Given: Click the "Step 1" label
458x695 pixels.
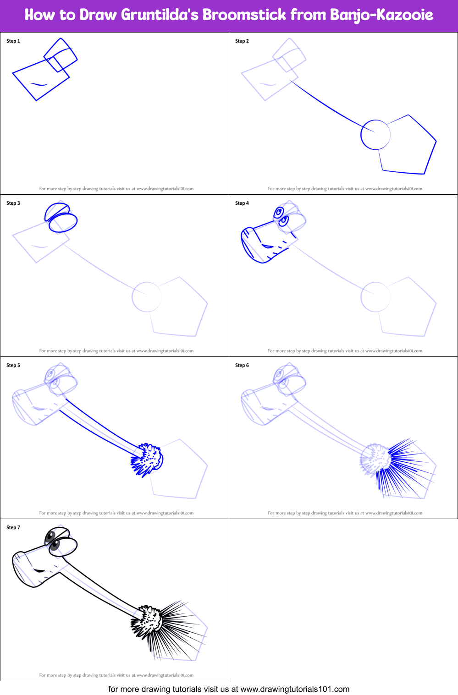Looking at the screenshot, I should coord(13,41).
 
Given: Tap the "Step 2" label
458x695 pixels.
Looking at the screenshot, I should coord(242,41).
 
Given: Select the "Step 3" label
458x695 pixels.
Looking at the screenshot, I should coord(13,203).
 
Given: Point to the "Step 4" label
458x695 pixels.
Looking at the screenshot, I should coord(242,203).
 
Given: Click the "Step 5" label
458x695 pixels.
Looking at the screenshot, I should coord(13,366).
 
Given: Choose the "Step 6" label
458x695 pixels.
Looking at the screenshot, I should coord(242,366).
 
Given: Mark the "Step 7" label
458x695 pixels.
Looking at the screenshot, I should coord(13,528).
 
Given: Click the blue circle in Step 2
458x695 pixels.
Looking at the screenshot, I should coord(375,135).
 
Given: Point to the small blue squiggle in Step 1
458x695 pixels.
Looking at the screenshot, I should coord(39,84).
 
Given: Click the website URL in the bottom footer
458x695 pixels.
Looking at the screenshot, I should coord(295,689).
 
